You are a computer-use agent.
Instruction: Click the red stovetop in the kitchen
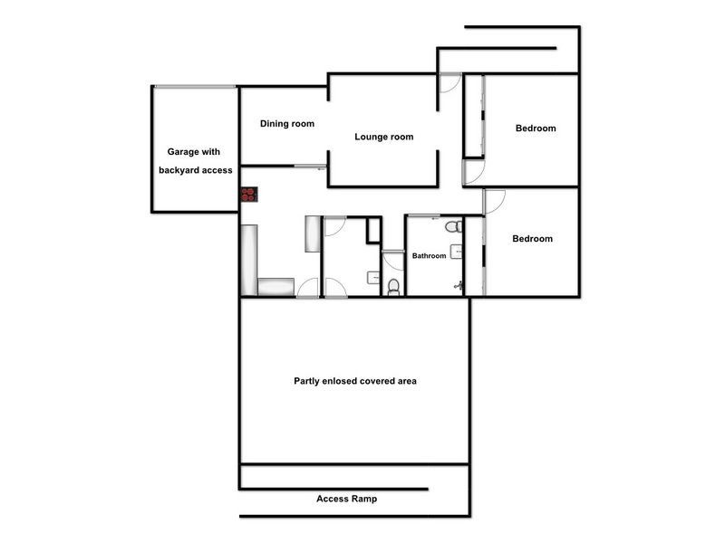click(248, 194)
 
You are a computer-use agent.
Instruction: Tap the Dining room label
click(287, 124)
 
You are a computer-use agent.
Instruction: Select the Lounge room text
click(384, 138)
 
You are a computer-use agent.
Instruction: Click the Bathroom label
click(430, 256)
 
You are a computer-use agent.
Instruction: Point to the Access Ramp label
click(347, 499)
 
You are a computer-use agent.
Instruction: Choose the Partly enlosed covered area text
click(355, 381)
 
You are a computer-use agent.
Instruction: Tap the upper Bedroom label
click(536, 129)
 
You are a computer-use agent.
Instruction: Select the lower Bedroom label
click(532, 239)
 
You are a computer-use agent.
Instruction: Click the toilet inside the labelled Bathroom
click(451, 225)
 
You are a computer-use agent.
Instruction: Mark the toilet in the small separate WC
click(393, 287)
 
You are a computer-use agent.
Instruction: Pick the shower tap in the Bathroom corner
click(459, 286)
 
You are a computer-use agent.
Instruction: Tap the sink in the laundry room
click(372, 277)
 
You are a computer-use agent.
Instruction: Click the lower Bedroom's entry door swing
click(494, 201)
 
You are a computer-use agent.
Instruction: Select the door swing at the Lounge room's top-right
click(449, 83)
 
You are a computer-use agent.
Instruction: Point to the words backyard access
click(196, 170)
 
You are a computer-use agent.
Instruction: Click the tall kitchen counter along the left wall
click(249, 259)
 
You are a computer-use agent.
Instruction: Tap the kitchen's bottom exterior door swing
click(308, 289)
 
